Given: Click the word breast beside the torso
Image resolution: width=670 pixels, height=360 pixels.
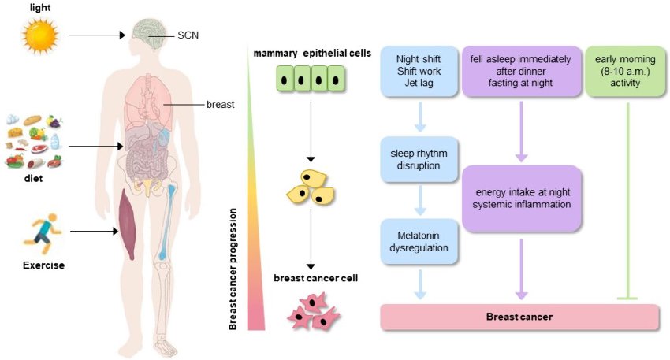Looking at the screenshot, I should [220, 104].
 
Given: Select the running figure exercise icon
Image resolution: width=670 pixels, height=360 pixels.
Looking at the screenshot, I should [39, 231].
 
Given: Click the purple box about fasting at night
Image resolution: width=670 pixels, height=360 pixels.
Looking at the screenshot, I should [521, 71].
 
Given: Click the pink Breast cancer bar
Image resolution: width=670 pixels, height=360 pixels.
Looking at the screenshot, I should [519, 317].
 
